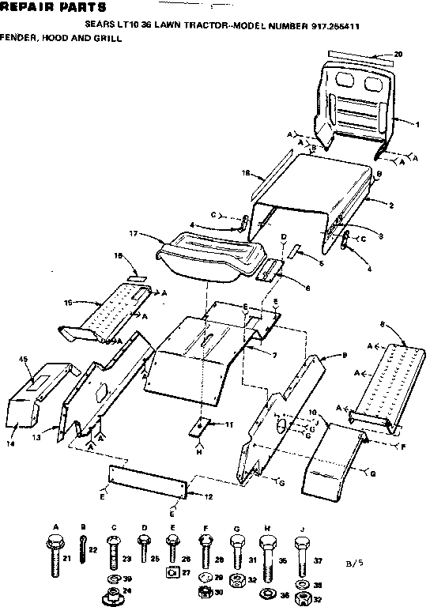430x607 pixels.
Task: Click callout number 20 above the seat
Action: coord(398,54)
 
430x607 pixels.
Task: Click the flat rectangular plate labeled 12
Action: coord(147,480)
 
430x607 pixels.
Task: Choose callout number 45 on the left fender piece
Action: coord(23,360)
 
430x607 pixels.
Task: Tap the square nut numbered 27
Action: coord(174,575)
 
